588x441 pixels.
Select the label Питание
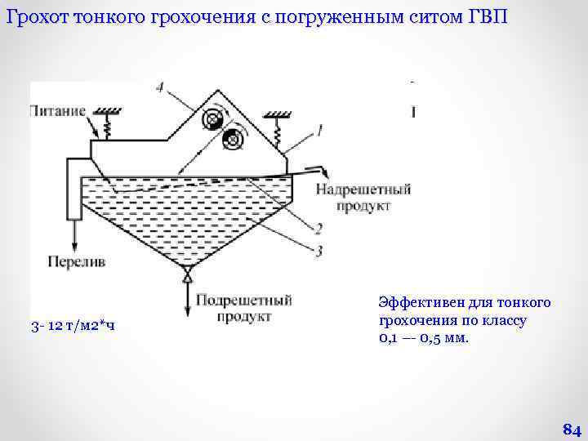(58, 111)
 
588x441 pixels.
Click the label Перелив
(76, 262)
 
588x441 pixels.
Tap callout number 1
(320, 128)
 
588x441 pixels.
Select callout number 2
(318, 228)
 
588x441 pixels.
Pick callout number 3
(318, 251)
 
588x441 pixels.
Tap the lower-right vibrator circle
(233, 140)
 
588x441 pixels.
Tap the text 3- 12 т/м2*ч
(72, 327)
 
